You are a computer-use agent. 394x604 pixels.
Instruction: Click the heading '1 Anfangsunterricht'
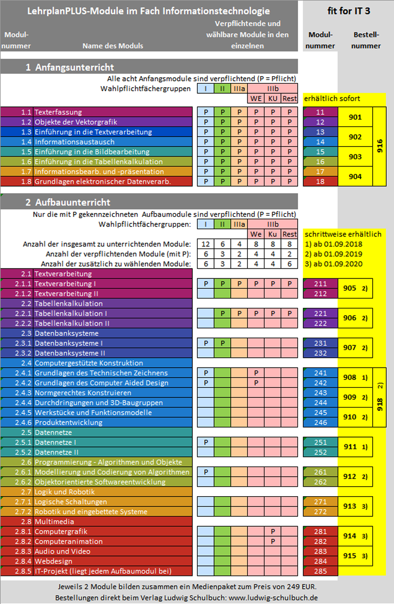point(70,67)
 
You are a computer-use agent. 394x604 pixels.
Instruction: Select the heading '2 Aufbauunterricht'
point(67,202)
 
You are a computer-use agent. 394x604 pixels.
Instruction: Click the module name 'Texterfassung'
point(58,112)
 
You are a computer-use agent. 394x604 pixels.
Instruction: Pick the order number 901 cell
point(355,117)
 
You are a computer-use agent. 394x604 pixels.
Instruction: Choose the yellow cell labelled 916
point(379,147)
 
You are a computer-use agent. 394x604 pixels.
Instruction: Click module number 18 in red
point(320,181)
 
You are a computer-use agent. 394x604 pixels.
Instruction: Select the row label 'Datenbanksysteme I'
point(68,343)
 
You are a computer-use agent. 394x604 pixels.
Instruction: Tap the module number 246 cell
point(320,423)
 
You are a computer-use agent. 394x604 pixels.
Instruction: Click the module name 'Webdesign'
point(53,561)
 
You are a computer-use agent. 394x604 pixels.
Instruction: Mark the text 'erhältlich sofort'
point(332,99)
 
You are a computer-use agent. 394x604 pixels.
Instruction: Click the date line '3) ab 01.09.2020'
point(333,264)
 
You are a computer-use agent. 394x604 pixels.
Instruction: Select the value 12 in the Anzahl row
point(206,244)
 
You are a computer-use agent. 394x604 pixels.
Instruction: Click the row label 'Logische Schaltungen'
point(71,502)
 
